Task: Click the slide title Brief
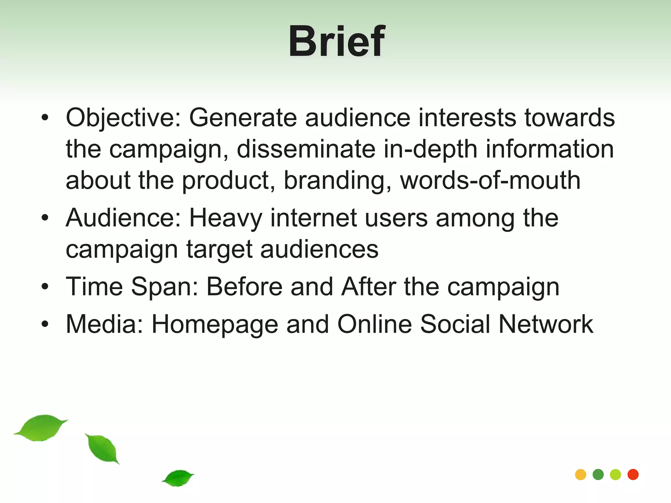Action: click(336, 42)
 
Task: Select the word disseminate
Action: click(306, 149)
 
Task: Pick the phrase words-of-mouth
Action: click(490, 180)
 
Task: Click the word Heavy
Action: click(226, 218)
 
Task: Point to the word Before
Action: click(244, 287)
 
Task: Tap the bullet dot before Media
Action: click(45, 324)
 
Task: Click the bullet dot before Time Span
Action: click(45, 287)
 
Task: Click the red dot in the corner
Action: click(633, 475)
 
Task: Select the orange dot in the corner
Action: click(581, 475)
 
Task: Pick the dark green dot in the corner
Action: click(598, 475)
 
